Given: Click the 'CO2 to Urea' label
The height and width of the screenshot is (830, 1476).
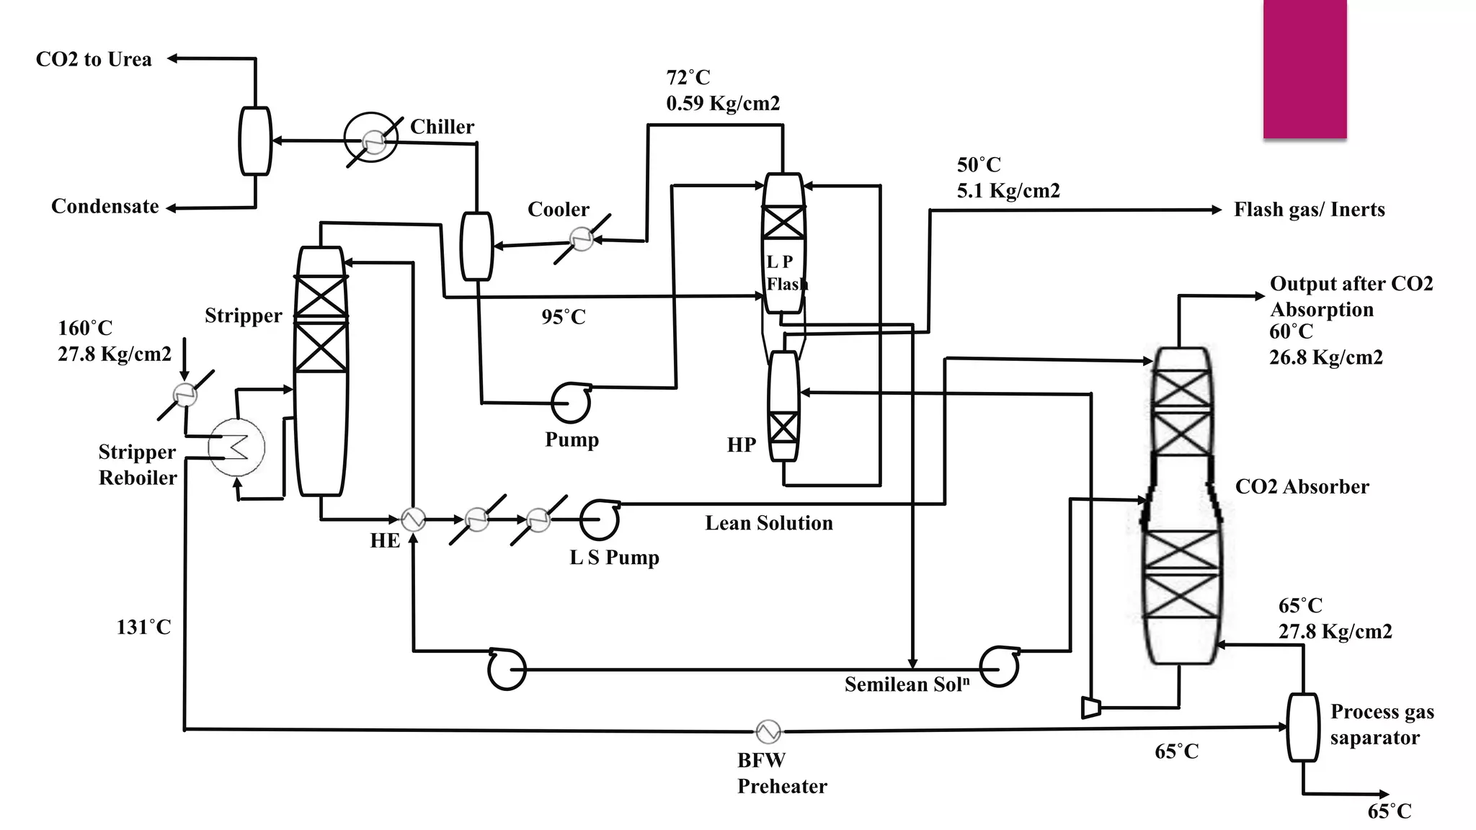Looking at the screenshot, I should tap(94, 59).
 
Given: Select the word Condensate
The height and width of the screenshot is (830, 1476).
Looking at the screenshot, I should tap(105, 207).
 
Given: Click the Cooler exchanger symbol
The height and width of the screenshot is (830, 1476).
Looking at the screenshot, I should tap(581, 238).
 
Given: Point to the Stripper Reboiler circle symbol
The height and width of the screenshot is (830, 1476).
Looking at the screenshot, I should tap(236, 447).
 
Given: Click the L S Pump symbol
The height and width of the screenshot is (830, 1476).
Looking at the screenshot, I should tap(600, 519).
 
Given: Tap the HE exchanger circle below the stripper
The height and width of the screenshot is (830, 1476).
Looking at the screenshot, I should tap(413, 519).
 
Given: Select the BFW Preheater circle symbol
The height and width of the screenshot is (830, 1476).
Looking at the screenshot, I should tap(768, 731).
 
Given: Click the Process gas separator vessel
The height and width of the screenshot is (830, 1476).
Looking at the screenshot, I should tap(1303, 727).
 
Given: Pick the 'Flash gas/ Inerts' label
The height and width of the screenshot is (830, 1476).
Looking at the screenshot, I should tap(1309, 210).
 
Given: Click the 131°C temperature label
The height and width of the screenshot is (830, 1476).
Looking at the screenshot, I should tap(143, 628).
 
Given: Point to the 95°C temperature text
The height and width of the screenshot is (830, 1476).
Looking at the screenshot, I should tap(564, 317).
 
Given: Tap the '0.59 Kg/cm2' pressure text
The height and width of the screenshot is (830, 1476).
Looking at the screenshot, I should tap(723, 104).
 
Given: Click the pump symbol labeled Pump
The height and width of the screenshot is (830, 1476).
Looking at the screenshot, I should tap(571, 403).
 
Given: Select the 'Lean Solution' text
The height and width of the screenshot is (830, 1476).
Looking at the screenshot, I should tap(768, 523).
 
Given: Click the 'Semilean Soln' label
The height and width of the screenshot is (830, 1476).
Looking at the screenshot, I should tap(907, 684).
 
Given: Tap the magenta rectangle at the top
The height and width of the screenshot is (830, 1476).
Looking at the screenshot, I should tap(1304, 68).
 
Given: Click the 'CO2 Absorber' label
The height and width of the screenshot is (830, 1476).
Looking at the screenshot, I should tap(1302, 487).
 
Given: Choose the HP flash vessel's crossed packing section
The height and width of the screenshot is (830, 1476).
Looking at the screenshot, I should tap(783, 427).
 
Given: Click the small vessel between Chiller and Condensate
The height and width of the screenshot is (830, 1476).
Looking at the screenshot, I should tap(255, 141).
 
